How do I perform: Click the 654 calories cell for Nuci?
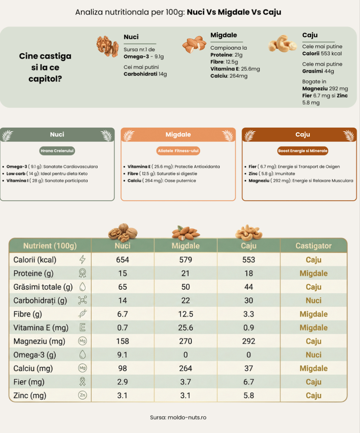click(123, 260)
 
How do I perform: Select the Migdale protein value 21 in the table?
click(185, 273)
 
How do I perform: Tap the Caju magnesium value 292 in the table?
click(249, 341)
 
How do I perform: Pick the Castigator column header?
click(313, 246)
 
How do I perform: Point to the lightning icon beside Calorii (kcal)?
click(82, 260)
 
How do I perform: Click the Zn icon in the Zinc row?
click(82, 395)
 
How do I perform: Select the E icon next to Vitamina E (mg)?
click(82, 328)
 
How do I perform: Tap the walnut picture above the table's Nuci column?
click(123, 232)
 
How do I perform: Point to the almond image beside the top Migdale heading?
click(194, 45)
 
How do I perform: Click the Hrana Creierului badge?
click(57, 150)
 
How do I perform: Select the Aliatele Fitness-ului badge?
click(178, 150)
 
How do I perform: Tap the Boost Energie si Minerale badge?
click(303, 150)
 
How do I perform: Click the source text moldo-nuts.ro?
click(178, 417)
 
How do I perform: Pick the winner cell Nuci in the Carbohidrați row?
click(313, 301)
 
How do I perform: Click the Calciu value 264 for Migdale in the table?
click(185, 368)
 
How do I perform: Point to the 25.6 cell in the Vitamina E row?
click(185, 328)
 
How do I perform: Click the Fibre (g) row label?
click(28, 314)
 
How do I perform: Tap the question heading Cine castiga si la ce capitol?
click(45, 67)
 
